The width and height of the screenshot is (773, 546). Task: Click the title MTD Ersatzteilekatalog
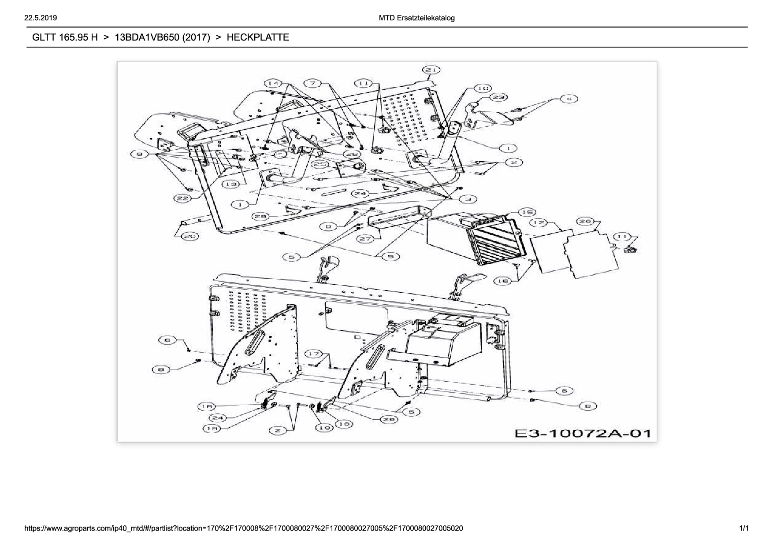416,18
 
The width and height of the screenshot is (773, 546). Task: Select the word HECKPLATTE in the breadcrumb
258,37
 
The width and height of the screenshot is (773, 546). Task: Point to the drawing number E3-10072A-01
583,433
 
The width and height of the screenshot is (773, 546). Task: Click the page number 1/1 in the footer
744,528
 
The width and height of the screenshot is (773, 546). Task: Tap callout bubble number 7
313,83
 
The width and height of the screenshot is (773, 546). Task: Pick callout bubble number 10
483,89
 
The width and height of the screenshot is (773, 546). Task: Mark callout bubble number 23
498,97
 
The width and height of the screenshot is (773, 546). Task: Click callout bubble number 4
569,99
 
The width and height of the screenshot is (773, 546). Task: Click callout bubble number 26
585,221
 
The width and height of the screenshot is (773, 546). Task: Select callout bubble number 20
190,236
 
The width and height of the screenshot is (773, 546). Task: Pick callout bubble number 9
328,226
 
